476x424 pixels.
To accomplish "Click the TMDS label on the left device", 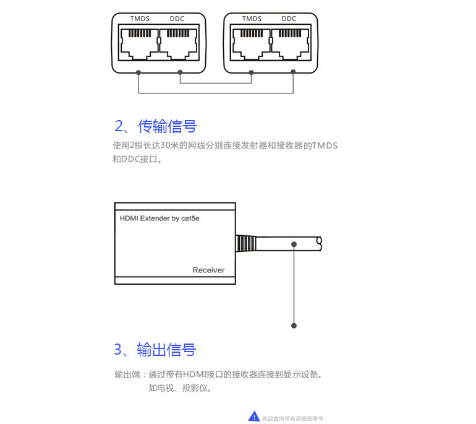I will coord(140,19).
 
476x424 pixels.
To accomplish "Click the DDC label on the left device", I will coord(177,19).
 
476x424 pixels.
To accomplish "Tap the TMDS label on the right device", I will coord(252,19).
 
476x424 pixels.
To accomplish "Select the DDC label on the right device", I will coord(289,19).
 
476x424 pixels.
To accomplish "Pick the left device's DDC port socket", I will coord(179,43).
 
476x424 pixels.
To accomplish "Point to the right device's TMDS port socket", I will coord(252,43).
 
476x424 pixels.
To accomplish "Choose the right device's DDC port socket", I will coord(290,43).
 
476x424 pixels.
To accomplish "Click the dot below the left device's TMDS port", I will coord(139,72).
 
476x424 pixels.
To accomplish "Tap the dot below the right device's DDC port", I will coord(293,72).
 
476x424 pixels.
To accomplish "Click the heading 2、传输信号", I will coord(156,126).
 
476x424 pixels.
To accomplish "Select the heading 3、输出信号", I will coord(155,350).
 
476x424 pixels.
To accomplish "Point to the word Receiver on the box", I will coord(208,270).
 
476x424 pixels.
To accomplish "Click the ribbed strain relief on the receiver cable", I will coord(245,243).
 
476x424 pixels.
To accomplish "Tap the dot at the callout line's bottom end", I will coord(294,325).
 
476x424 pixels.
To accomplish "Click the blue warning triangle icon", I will coord(254,417).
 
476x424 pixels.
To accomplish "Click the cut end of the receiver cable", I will coord(319,243).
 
